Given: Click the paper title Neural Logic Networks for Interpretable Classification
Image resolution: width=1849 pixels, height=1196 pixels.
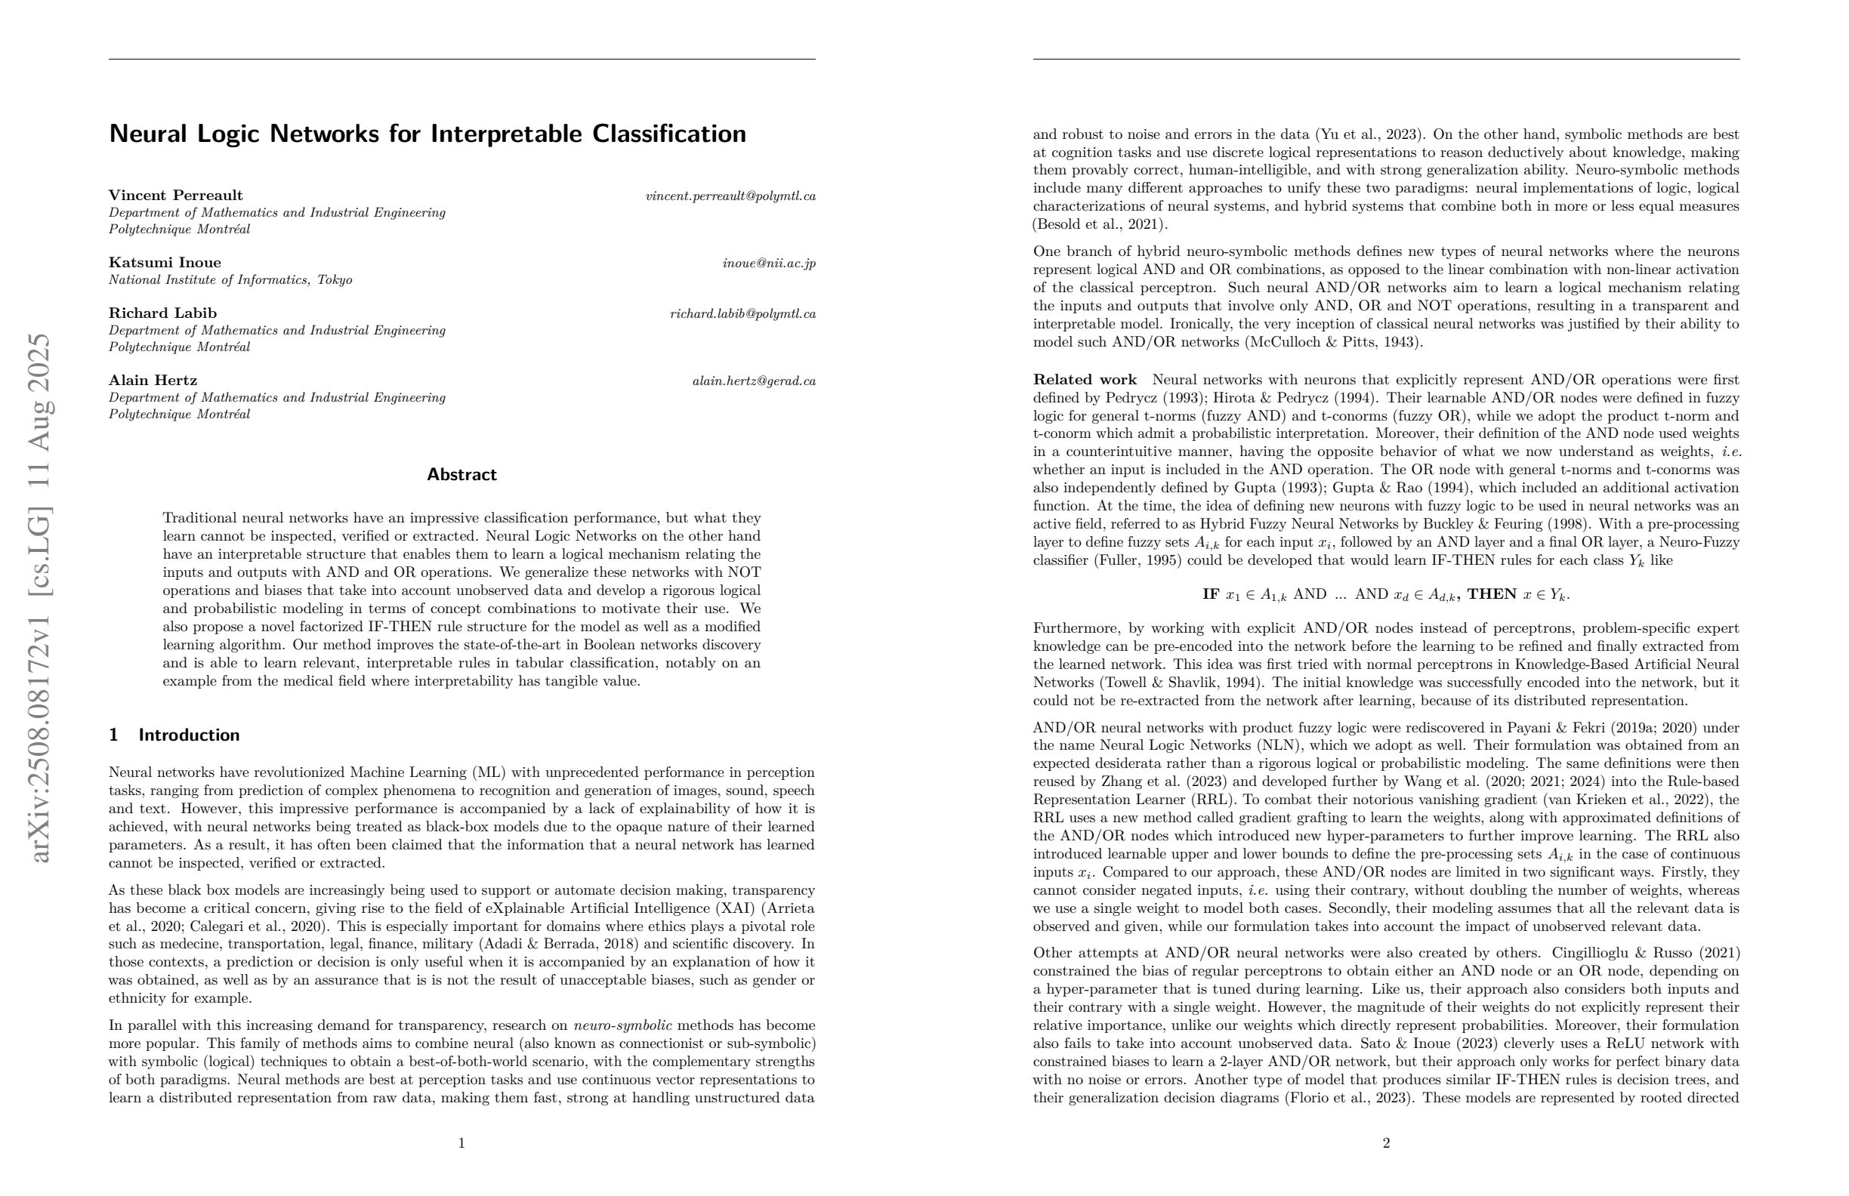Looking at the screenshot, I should pyautogui.click(x=428, y=134).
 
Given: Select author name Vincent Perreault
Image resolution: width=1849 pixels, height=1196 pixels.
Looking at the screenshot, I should pyautogui.click(x=175, y=195).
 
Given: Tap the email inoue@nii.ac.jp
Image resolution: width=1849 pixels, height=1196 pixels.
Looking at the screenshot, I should pyautogui.click(x=768, y=264).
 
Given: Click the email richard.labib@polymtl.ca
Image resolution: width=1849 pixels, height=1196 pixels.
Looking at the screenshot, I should pyautogui.click(x=742, y=314).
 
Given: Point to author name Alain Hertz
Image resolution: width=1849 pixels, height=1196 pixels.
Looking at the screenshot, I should pyautogui.click(x=153, y=380).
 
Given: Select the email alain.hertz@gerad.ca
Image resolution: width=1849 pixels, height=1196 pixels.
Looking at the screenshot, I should pyautogui.click(x=754, y=381).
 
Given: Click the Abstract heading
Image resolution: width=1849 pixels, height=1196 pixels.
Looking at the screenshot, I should pyautogui.click(x=461, y=474).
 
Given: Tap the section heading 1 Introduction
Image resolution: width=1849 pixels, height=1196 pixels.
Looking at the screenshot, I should pyautogui.click(x=174, y=735).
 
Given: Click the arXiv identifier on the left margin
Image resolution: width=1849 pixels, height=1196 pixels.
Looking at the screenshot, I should pyautogui.click(x=39, y=598).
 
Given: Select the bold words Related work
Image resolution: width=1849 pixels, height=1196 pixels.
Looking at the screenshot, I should pyautogui.click(x=1085, y=380).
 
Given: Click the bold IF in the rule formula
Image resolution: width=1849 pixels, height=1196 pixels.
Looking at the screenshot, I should pyautogui.click(x=1211, y=594).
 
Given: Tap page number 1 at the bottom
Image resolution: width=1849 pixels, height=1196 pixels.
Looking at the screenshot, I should pyautogui.click(x=461, y=1142).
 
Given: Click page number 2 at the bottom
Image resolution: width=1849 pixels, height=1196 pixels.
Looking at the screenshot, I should pyautogui.click(x=1386, y=1142).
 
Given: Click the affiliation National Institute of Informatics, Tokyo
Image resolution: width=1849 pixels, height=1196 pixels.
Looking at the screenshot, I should pyautogui.click(x=230, y=279).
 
